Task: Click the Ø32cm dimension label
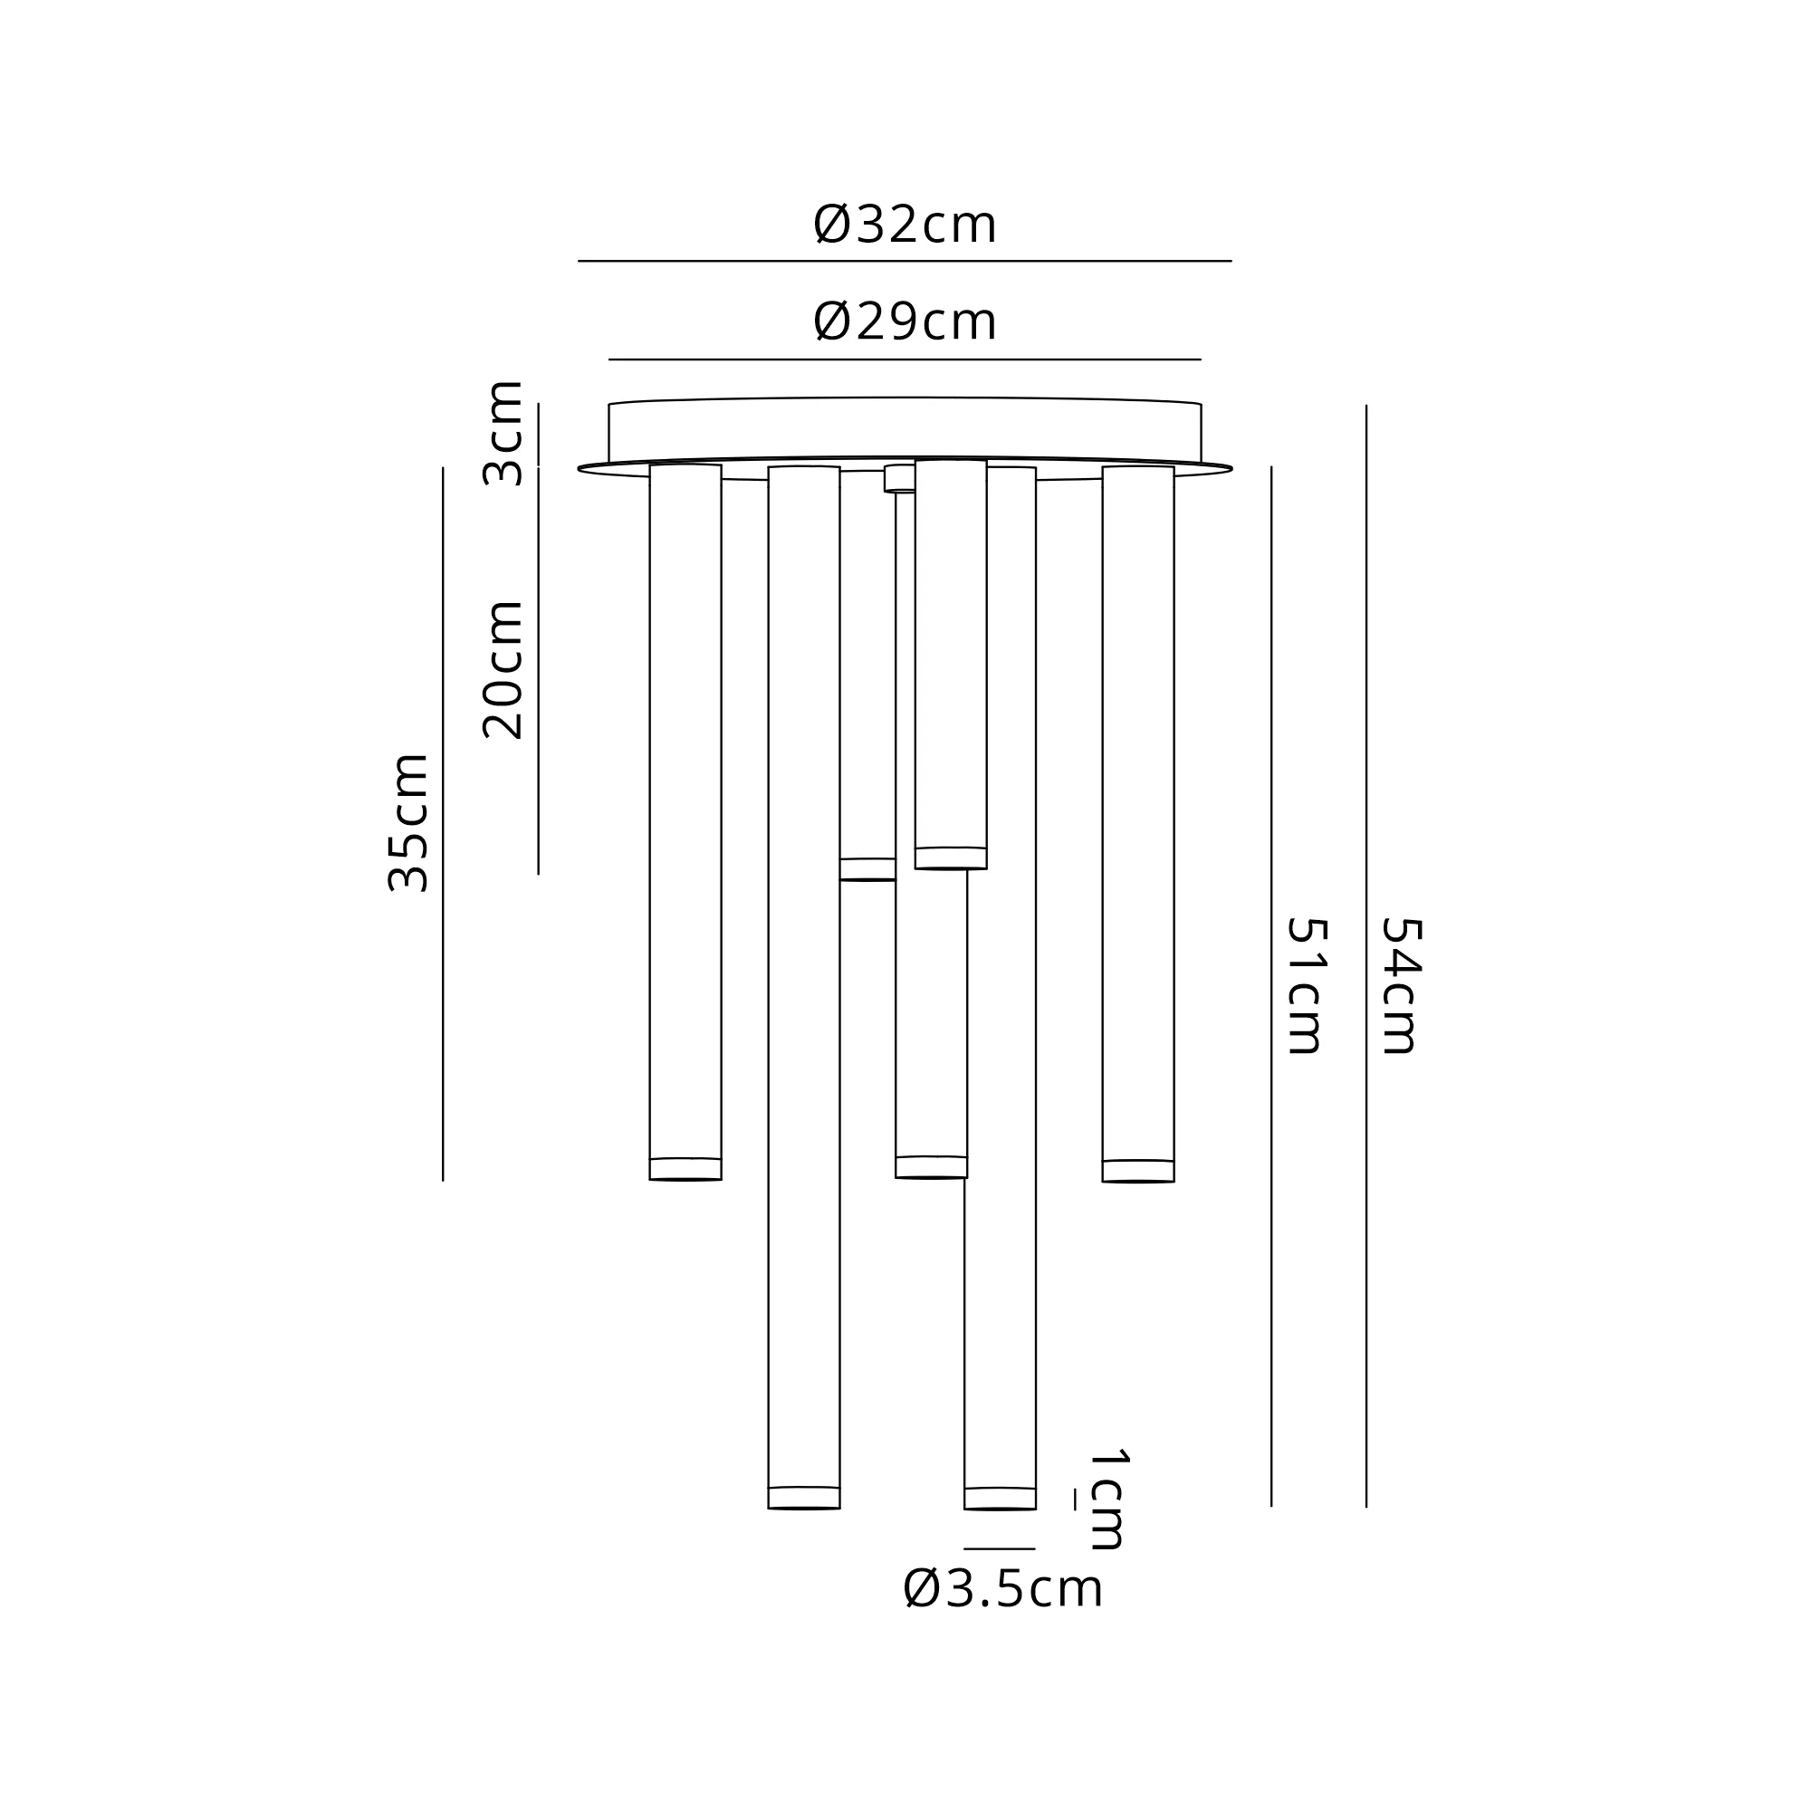coord(905,225)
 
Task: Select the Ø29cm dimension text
coord(905,321)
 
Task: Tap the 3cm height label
coord(503,433)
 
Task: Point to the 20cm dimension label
coord(503,669)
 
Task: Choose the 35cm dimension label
coord(408,822)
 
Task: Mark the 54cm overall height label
coord(1402,986)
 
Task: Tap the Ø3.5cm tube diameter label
coord(1003,1589)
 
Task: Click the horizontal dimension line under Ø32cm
coord(905,261)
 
